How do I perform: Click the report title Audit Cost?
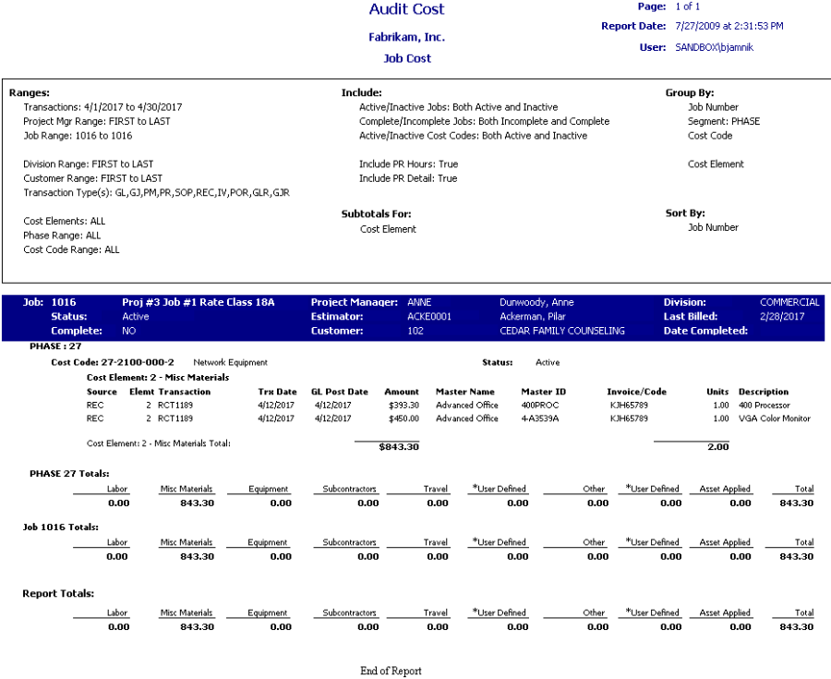[x=406, y=10]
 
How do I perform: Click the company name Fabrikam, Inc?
[x=406, y=38]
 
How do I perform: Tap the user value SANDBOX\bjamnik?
[x=714, y=47]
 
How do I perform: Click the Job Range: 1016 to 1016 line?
[x=78, y=136]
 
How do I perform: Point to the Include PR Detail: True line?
[x=407, y=178]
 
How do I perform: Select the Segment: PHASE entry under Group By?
[x=724, y=121]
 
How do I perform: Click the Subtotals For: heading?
[x=376, y=214]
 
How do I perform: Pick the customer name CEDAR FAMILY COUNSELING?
[x=561, y=331]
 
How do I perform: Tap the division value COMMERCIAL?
[x=789, y=302]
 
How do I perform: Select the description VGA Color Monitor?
[x=774, y=418]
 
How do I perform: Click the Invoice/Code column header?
[x=636, y=392]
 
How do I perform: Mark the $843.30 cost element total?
[x=399, y=447]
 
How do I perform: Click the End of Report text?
[x=391, y=671]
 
